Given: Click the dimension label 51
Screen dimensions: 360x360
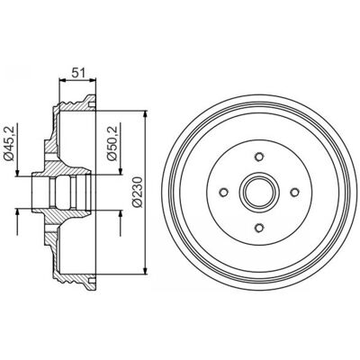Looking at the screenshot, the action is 78,73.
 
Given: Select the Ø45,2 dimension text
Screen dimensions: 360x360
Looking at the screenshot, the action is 10,144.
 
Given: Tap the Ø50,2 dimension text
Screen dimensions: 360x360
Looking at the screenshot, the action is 112,144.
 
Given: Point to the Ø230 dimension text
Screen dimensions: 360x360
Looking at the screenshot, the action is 137,192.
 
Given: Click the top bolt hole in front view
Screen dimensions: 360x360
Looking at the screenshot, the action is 259,157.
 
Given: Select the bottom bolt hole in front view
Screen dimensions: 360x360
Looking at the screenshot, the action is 259,228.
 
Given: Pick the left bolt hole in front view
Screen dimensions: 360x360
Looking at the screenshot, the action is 224,192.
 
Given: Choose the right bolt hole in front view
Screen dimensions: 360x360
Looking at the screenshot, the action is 294,192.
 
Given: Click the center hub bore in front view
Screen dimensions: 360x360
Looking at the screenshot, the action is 259,192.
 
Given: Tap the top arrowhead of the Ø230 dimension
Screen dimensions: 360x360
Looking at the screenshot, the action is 146,115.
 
